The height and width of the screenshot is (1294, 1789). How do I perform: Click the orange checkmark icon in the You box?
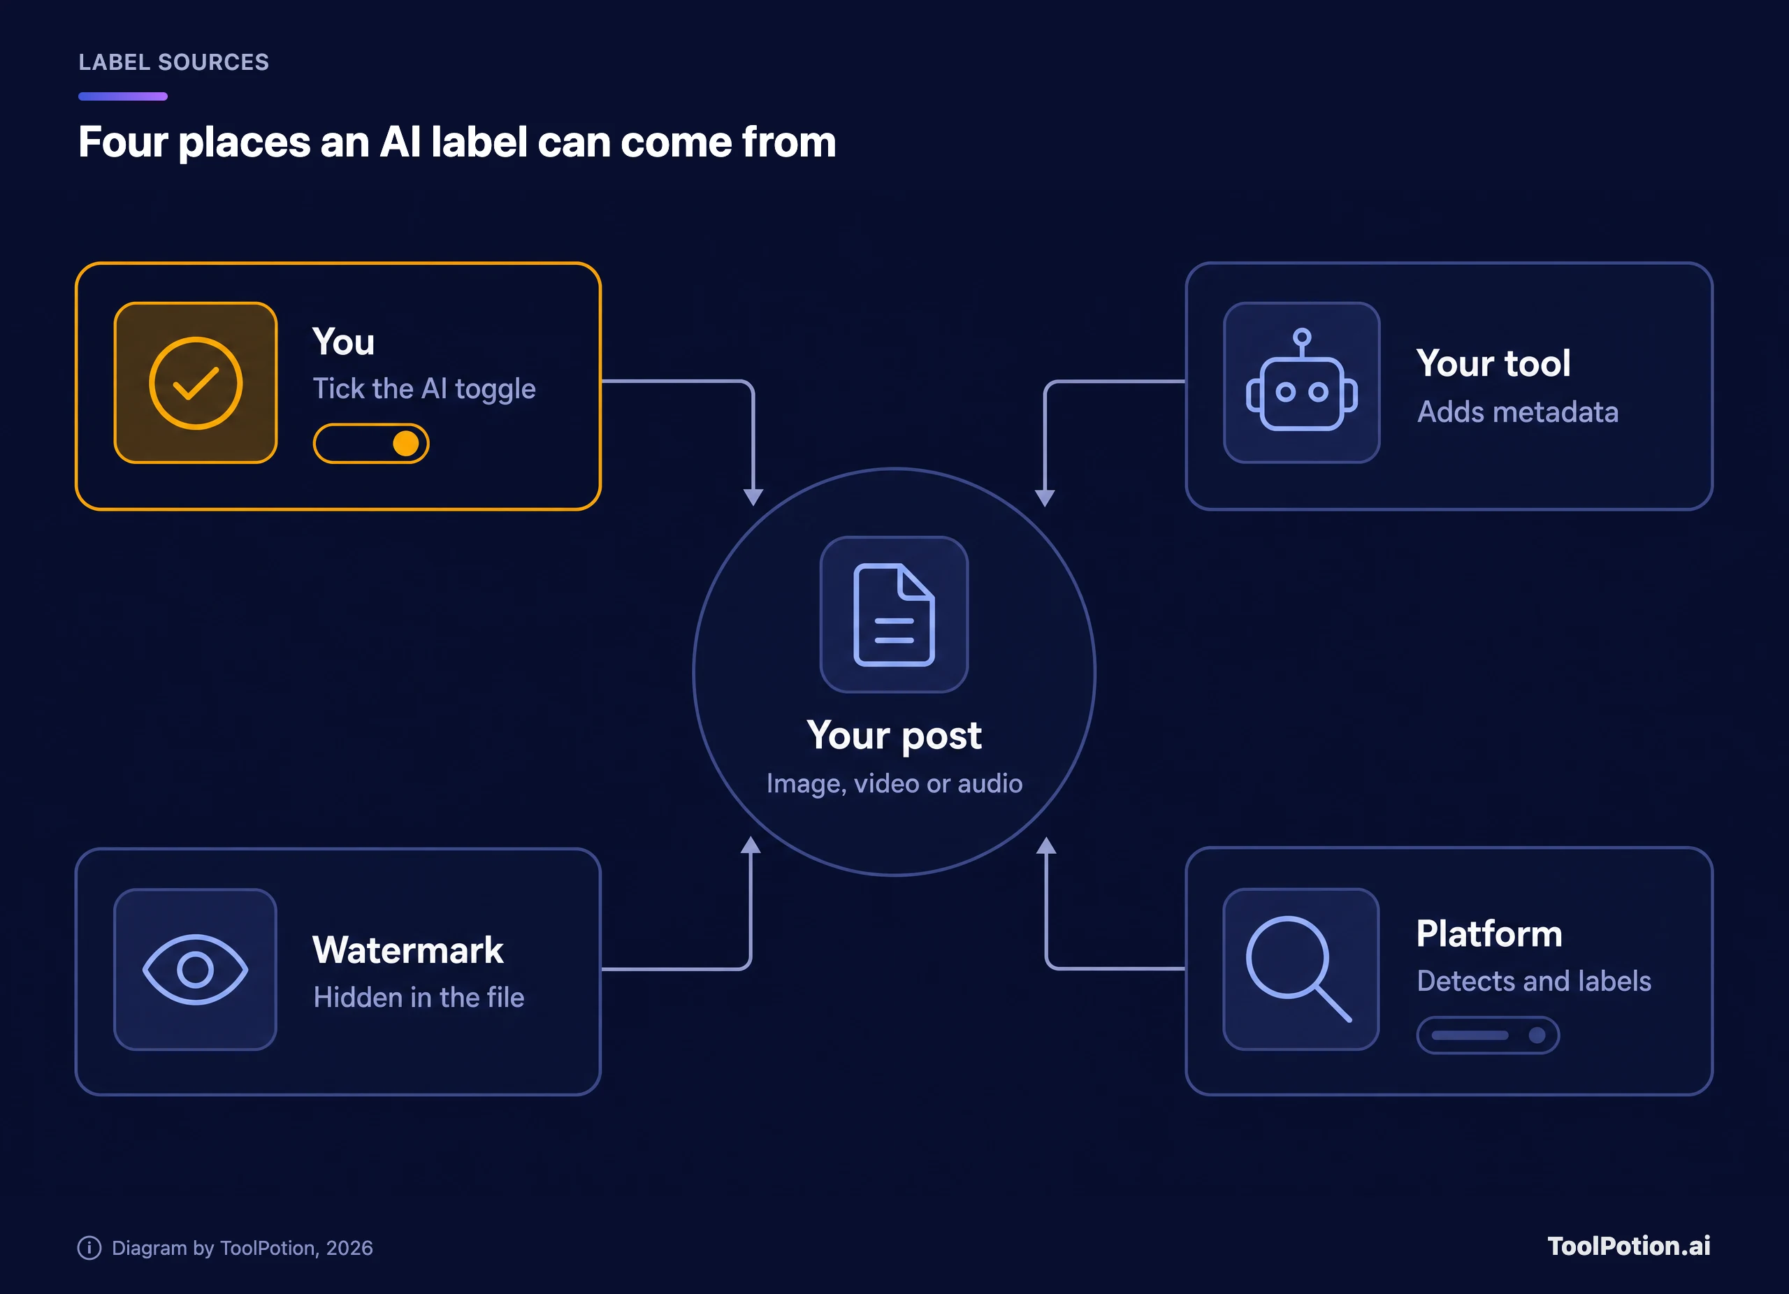[196, 383]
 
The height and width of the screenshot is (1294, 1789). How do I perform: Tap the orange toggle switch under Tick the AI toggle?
[371, 444]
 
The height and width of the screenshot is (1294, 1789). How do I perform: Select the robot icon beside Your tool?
[1301, 380]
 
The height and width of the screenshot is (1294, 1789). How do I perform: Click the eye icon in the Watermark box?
[195, 969]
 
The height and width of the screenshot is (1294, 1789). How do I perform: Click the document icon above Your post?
[894, 614]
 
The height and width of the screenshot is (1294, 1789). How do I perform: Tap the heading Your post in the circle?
[894, 736]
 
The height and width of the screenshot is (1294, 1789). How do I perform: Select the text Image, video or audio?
[894, 784]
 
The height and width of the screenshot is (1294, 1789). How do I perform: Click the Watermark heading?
[408, 950]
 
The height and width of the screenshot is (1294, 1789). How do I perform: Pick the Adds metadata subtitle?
[1518, 412]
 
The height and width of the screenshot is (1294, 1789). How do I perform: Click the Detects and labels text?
[1533, 981]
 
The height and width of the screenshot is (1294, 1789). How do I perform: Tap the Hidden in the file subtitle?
[419, 998]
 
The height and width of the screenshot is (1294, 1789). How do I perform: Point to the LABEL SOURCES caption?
[173, 62]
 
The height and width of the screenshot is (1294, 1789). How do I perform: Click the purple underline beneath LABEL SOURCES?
[123, 96]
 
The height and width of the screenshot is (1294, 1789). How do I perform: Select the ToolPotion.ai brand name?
[1629, 1246]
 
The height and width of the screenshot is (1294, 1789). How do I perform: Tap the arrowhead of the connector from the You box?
[753, 497]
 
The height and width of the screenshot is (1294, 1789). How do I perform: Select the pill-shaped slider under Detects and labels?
[1488, 1035]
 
